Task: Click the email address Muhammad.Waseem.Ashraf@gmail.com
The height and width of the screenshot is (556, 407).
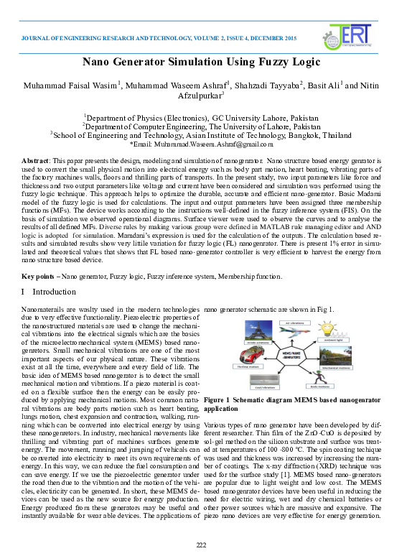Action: [219, 144]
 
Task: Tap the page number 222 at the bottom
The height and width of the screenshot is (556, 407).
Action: [202, 545]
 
